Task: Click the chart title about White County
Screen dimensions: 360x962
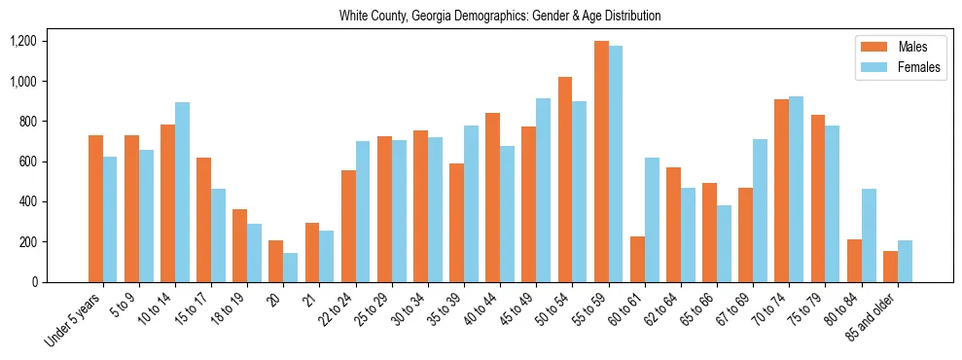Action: tap(500, 16)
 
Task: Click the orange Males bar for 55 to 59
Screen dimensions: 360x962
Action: tap(601, 162)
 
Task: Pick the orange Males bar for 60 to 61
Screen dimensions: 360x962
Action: tap(637, 259)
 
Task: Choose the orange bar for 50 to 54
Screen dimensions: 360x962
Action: tap(565, 179)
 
